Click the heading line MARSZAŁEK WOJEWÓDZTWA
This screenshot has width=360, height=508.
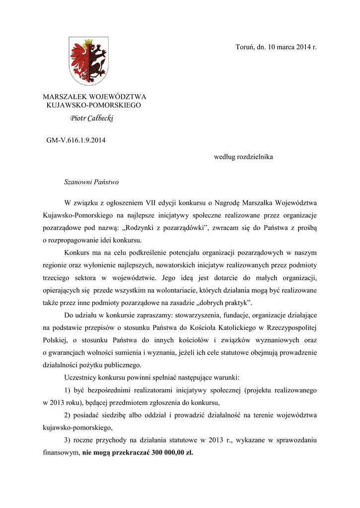(x=94, y=97)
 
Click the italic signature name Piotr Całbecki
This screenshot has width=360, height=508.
(x=92, y=119)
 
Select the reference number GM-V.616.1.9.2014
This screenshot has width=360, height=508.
(x=76, y=140)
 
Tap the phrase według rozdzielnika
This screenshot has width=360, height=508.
(x=243, y=157)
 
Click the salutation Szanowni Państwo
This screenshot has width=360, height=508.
(x=91, y=183)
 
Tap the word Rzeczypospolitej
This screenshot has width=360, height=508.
(x=288, y=328)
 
